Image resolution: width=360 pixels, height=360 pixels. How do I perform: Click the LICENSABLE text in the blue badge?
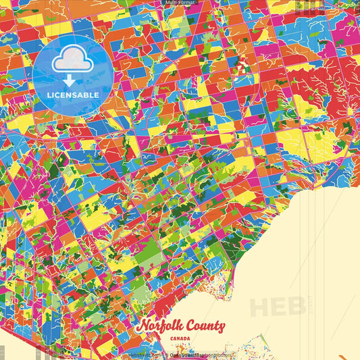(73, 95)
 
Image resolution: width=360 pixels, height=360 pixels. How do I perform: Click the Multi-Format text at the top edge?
(180, 3)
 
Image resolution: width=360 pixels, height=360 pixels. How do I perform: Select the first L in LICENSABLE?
(49, 95)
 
